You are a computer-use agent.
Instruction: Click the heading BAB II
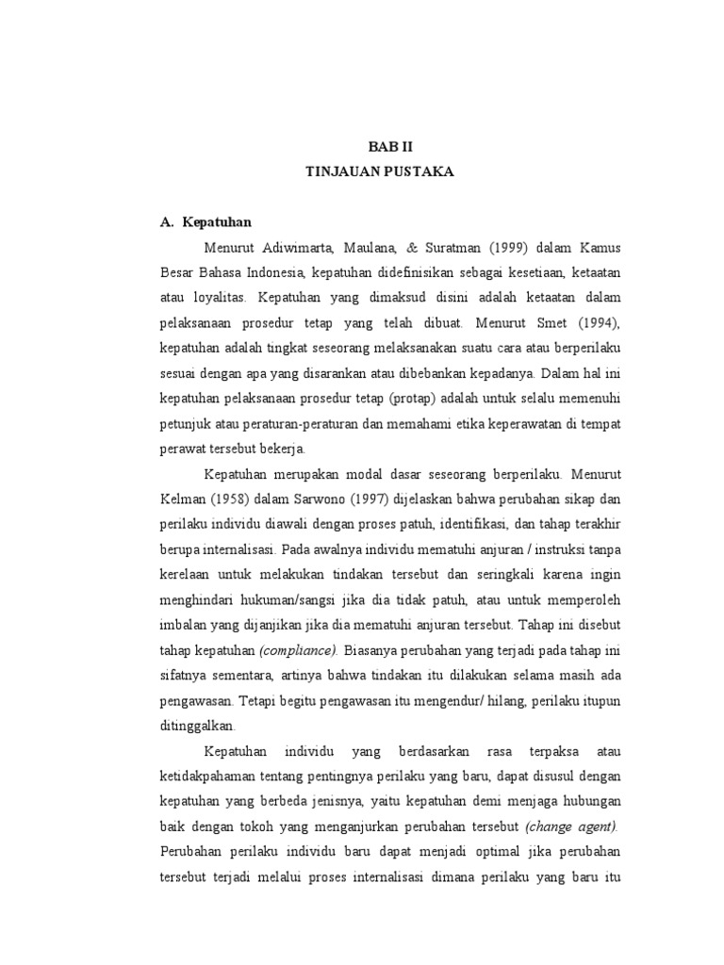point(389,148)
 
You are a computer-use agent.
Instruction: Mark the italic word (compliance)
point(299,650)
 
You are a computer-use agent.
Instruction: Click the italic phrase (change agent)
point(572,826)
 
